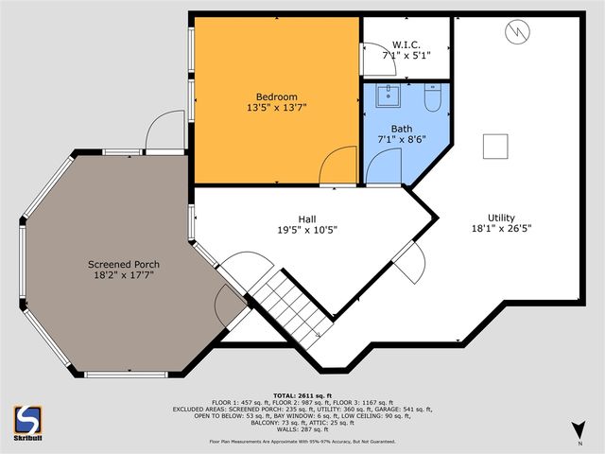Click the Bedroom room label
click(x=276, y=96)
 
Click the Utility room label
click(x=502, y=217)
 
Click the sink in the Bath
click(x=388, y=96)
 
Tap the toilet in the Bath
click(x=431, y=97)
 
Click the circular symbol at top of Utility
click(x=517, y=34)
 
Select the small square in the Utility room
click(x=496, y=146)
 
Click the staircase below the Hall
click(x=288, y=301)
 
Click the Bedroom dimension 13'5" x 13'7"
click(x=276, y=108)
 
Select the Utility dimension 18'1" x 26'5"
click(x=502, y=228)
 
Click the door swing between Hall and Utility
click(x=409, y=262)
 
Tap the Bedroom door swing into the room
click(x=336, y=169)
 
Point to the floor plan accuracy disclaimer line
click(x=302, y=441)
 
